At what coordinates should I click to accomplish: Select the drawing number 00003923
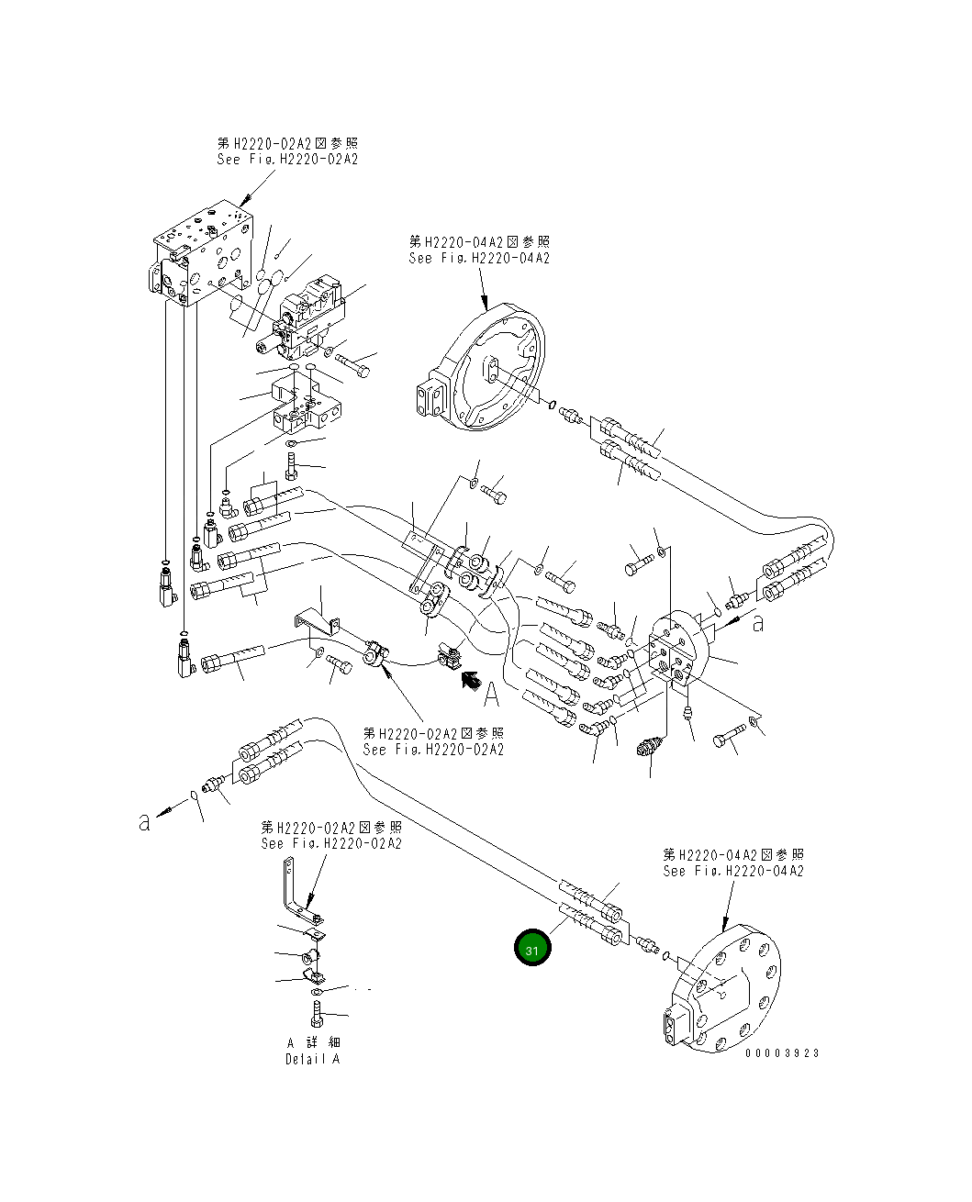pos(782,1053)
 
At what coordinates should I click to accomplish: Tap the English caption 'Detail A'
pos(312,1059)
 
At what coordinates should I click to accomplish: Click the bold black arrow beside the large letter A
pos(470,679)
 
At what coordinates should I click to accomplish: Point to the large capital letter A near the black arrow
pos(492,695)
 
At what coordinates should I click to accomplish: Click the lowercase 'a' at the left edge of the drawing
pos(144,821)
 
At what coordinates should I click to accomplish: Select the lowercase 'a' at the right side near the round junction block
pos(757,624)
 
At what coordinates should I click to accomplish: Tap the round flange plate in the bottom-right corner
pos(725,991)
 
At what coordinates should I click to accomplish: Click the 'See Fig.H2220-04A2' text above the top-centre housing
pos(479,259)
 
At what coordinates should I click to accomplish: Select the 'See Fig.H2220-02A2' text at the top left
pos(287,159)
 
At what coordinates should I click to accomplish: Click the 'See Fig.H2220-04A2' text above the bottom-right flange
pos(733,871)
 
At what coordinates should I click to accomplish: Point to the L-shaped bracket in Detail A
pos(296,895)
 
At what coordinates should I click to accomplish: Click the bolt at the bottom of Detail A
pos(317,1016)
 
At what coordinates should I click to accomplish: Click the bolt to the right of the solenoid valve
pos(354,364)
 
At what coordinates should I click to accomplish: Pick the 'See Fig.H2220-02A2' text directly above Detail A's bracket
pos(330,843)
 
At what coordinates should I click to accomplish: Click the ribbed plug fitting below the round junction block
pos(650,746)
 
